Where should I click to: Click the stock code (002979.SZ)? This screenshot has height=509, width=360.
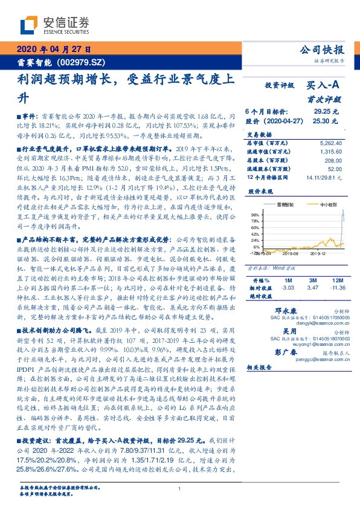click(81, 62)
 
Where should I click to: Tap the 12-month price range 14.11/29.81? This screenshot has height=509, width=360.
click(324, 178)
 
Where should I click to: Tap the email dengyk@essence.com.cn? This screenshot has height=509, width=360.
click(314, 323)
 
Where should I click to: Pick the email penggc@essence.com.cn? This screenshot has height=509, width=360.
click(314, 358)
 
